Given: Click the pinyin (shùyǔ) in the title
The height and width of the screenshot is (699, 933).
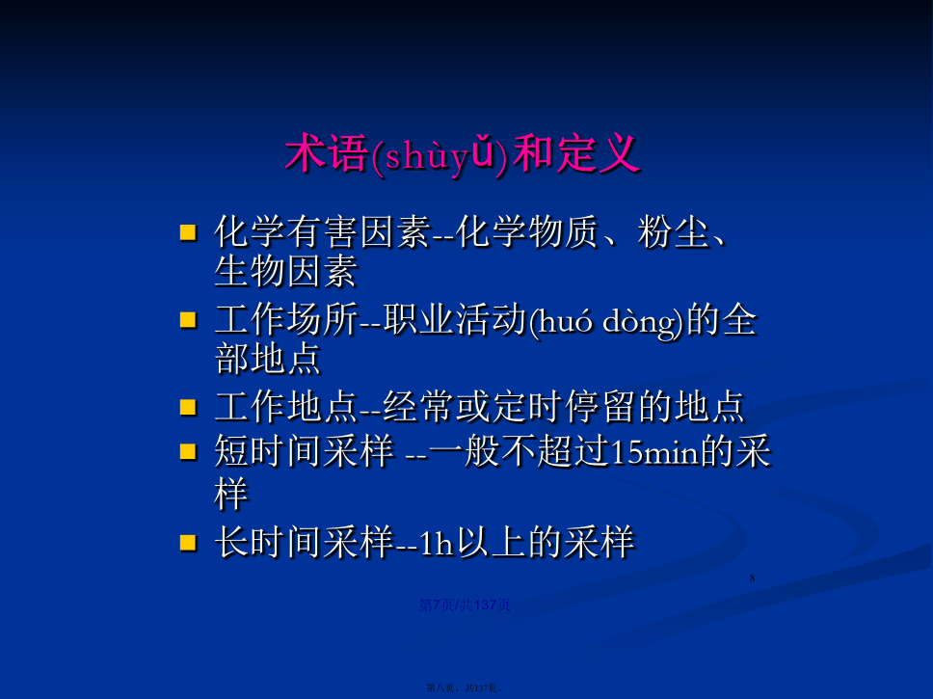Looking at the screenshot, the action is [440, 155].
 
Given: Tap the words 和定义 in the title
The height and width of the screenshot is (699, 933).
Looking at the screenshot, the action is [575, 153].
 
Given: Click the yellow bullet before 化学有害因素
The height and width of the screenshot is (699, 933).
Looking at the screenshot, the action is [188, 232].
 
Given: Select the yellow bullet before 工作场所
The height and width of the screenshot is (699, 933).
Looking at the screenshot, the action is [188, 320].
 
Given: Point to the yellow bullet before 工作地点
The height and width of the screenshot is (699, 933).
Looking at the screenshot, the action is [188, 407].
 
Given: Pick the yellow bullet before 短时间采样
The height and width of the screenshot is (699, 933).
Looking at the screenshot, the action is [188, 452].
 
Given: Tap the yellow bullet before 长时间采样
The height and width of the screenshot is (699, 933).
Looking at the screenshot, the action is [188, 543].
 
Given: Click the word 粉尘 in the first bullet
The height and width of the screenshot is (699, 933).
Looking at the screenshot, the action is [673, 231].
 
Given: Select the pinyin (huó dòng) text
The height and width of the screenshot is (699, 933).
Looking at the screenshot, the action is [607, 321].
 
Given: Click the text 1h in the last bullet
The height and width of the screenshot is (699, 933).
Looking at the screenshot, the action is [437, 543].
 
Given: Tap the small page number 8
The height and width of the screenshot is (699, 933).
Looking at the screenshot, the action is [752, 578].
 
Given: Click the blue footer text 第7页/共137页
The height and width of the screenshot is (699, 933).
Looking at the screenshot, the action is [465, 605].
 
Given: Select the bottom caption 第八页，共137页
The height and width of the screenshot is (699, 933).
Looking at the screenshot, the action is [465, 688].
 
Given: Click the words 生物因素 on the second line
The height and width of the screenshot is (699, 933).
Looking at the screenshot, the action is [285, 272].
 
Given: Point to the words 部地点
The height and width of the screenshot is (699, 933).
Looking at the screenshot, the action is [268, 359].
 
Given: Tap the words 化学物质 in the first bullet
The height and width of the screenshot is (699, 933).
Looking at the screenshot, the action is [527, 231].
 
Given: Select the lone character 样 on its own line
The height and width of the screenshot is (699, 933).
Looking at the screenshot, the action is [231, 495].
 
